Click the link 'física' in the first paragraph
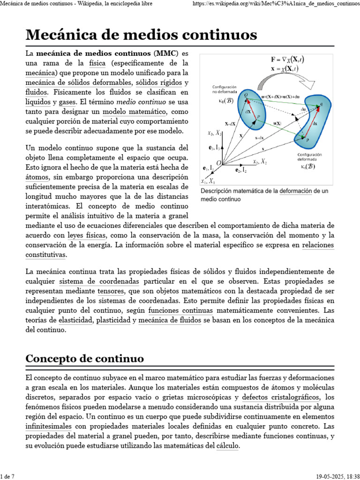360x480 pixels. pos(97,63)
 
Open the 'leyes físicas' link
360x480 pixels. pos(87,235)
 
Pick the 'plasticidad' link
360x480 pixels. pos(113,320)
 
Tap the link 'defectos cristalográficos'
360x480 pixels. pos(281,397)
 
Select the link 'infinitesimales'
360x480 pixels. pos(48,426)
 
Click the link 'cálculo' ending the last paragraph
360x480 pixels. pos(227,446)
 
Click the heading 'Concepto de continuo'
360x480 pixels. pos(84,359)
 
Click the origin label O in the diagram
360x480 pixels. pos(218,162)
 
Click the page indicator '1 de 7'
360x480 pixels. pos(7,476)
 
